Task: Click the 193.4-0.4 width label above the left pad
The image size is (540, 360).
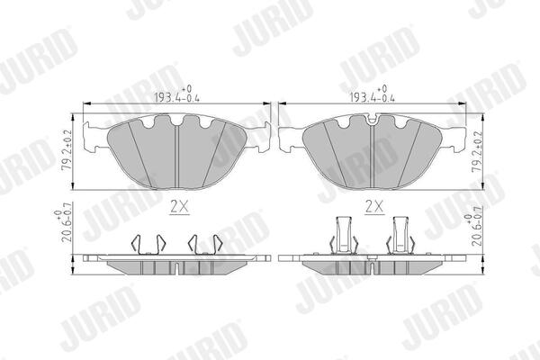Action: coord(176,94)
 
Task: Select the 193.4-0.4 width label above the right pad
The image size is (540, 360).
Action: coord(372,94)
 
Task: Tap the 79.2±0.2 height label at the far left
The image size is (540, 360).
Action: coord(67,149)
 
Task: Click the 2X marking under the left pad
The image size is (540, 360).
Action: coord(180,207)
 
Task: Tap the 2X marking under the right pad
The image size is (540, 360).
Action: coord(374,207)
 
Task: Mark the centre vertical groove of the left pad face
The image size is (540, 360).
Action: coord(176,157)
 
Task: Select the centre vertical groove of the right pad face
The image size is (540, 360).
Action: coord(372,157)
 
